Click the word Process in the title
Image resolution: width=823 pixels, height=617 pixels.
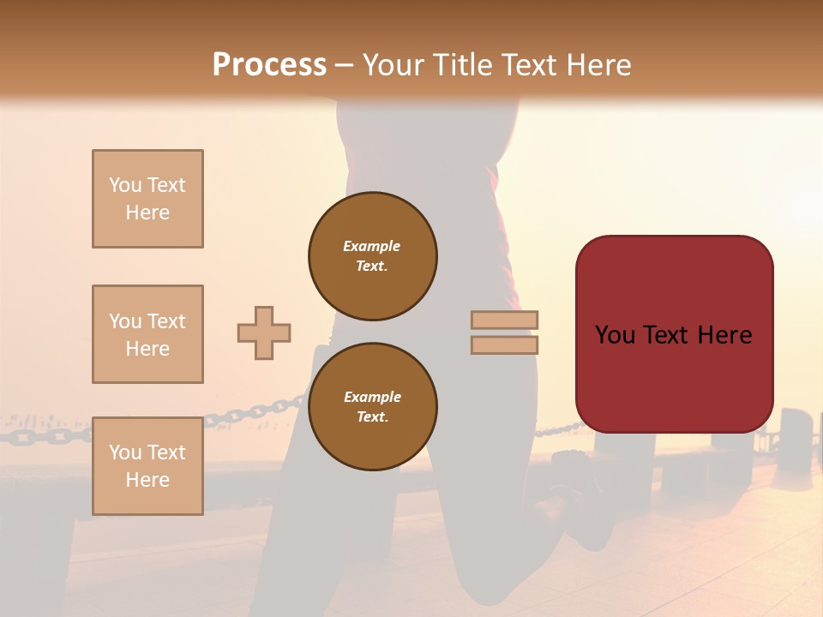point(269,65)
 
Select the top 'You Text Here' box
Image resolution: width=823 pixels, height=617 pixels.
point(147,199)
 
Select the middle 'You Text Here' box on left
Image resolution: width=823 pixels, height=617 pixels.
point(147,334)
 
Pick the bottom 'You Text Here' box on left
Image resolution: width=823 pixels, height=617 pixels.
point(147,466)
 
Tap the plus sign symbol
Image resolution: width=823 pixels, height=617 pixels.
point(264,332)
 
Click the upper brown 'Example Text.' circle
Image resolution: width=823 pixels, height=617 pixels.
point(373,255)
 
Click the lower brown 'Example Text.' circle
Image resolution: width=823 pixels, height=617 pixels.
point(373,406)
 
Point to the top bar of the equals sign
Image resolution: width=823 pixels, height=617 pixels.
point(504,320)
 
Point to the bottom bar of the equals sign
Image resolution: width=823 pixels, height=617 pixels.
point(504,344)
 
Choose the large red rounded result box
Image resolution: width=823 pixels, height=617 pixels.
point(674,334)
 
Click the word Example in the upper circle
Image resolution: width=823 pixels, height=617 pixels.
point(371,246)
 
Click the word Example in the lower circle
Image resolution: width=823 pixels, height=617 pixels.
point(372,397)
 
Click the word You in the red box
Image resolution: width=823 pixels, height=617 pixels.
point(616,335)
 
